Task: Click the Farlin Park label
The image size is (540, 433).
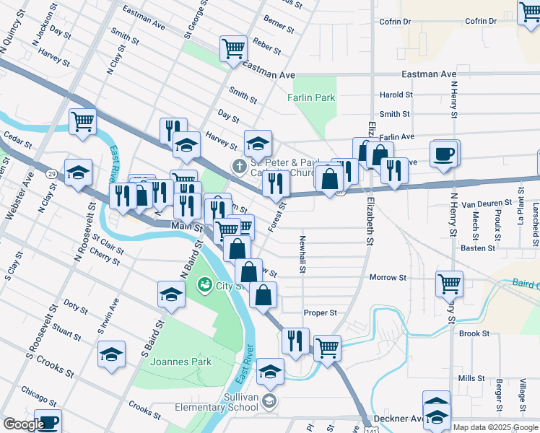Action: pos(312,97)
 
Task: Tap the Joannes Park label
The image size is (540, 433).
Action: pos(180,362)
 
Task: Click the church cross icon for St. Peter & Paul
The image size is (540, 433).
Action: pos(239,167)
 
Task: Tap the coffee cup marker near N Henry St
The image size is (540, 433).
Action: pos(445,153)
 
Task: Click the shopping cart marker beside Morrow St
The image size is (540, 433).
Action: pos(449,284)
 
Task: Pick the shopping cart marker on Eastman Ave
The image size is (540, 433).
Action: pos(233,49)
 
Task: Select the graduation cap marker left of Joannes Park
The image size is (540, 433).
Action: pos(111,355)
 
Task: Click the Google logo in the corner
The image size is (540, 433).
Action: pos(22,424)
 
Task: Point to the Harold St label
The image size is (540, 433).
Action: pos(396,95)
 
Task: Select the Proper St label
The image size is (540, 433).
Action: pos(321,312)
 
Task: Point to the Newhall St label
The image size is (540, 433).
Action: pos(303,255)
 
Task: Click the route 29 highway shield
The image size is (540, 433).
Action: pos(51,174)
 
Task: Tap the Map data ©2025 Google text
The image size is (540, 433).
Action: pos(495,427)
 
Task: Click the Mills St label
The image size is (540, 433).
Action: pos(471,378)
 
